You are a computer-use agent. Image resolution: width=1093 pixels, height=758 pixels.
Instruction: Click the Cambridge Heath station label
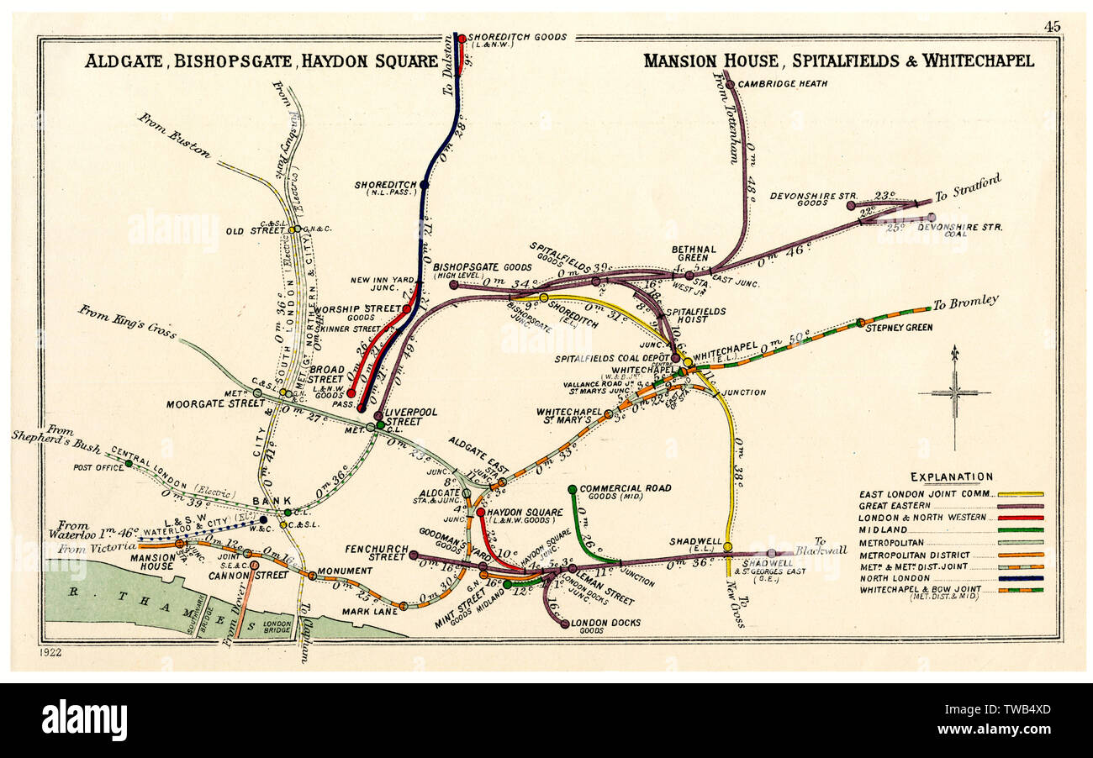pyautogui.click(x=782, y=84)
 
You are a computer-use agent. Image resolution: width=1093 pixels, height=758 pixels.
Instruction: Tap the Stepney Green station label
pyautogui.click(x=899, y=327)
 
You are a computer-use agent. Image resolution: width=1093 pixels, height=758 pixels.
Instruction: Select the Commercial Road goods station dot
pyautogui.click(x=573, y=489)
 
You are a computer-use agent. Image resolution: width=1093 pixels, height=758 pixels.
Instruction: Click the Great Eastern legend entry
pyautogui.click(x=895, y=506)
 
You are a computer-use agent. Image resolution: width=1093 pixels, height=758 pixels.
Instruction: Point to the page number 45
pyautogui.click(x=1052, y=26)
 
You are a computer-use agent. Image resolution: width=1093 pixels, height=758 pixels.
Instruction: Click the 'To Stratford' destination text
pyautogui.click(x=967, y=188)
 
